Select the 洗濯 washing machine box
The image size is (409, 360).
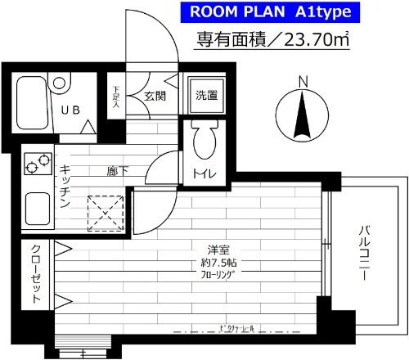coord(206,95)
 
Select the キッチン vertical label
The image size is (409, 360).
coord(64,187)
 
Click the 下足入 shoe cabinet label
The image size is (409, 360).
coord(117,96)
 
